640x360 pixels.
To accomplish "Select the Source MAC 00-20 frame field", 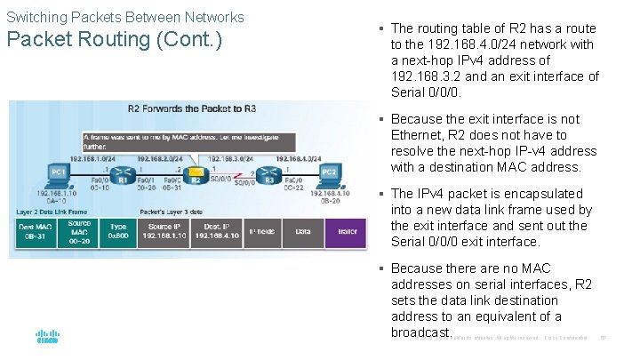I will pos(79,233).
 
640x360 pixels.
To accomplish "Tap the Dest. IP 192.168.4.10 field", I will pos(216,233).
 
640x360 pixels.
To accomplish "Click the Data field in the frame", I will pos(303,232).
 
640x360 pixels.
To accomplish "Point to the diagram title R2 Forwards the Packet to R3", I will pos(191,108).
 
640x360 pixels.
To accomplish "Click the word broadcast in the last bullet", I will pos(420,332).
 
